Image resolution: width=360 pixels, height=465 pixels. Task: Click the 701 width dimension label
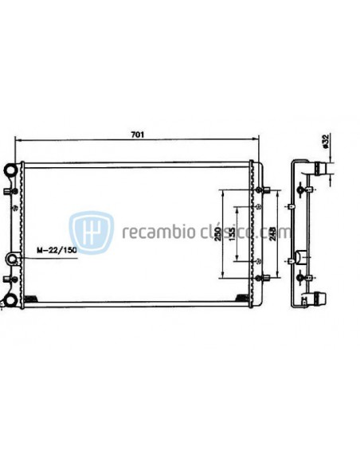click(138, 134)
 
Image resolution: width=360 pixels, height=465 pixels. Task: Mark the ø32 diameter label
click(325, 141)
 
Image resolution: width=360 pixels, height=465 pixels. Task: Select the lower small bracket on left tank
click(10, 278)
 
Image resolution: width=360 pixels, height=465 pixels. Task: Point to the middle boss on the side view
click(303, 258)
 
